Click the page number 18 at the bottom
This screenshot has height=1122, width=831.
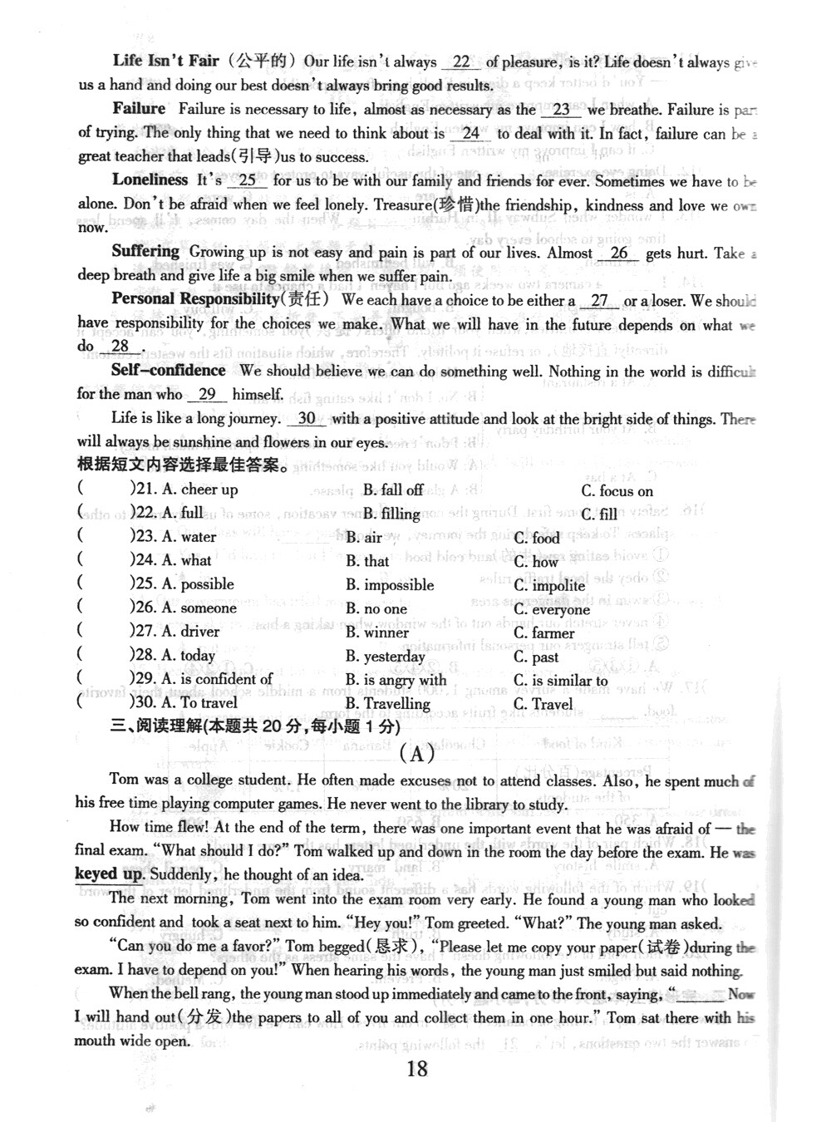click(x=417, y=1068)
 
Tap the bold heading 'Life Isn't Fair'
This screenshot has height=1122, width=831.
click(x=165, y=61)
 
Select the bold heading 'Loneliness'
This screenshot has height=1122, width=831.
click(x=150, y=180)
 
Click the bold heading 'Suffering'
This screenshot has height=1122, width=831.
click(x=145, y=251)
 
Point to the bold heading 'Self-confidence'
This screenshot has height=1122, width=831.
click(x=168, y=371)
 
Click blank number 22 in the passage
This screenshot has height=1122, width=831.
click(x=461, y=62)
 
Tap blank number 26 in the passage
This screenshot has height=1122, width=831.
click(x=619, y=253)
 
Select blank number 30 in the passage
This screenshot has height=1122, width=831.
click(x=307, y=418)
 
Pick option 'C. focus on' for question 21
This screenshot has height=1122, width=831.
click(x=617, y=491)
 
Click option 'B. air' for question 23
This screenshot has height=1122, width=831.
click(x=364, y=538)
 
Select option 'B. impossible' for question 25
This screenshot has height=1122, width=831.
click(x=390, y=585)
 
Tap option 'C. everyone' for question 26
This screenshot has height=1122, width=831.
click(x=551, y=609)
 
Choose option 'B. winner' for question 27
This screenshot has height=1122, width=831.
click(x=377, y=632)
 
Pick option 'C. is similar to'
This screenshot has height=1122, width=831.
click(x=560, y=681)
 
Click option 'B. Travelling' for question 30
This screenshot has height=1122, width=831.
click(x=388, y=704)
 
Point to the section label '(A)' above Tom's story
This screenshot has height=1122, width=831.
click(x=417, y=754)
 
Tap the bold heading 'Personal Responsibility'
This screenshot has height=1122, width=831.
click(x=195, y=299)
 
